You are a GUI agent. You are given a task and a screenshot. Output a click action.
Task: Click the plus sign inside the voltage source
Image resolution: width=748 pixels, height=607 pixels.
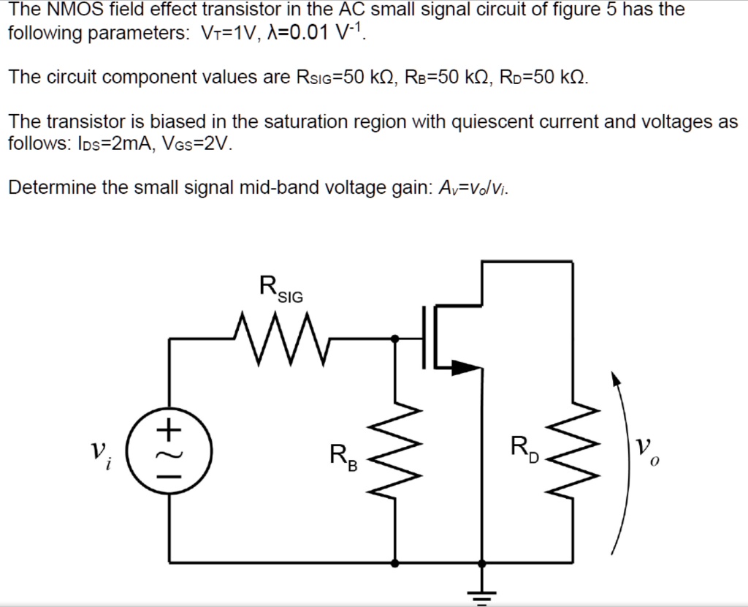[x=169, y=429]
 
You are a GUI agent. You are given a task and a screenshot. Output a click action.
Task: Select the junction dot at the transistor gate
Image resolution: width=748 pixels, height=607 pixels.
[x=395, y=339]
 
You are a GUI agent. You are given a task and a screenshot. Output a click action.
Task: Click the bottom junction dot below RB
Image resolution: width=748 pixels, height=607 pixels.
[x=395, y=563]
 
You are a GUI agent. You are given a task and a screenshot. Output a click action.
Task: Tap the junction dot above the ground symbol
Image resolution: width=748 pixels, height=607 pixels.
[x=481, y=563]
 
